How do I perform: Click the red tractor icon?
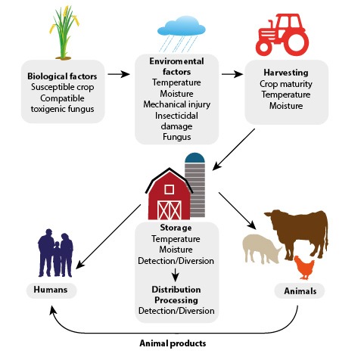point(282,35)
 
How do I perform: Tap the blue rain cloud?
point(181,26)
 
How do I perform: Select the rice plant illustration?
point(64,33)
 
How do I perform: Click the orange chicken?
point(304,268)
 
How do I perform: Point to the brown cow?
point(297,233)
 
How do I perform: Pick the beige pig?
point(262,249)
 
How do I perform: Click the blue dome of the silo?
point(194,157)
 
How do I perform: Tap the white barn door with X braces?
point(170,209)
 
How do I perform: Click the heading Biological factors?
point(62,76)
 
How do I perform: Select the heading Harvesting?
point(286,73)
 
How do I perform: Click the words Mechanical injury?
point(176,104)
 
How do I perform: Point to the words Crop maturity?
point(286,84)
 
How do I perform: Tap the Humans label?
point(51,290)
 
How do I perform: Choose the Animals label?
point(300,291)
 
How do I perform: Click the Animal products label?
point(173,343)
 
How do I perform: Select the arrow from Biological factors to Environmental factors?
point(119,74)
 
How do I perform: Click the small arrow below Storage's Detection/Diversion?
point(175,275)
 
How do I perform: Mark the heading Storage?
point(176,228)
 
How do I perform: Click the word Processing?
point(176,300)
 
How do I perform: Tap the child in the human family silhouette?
point(57,259)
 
